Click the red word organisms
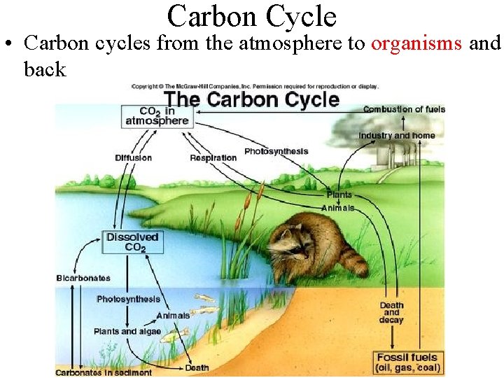[x=416, y=43]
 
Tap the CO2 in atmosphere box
[x=157, y=116]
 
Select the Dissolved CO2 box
[x=132, y=241]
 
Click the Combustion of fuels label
[x=404, y=109]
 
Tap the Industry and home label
[x=396, y=136]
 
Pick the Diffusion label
[x=133, y=157]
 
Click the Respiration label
[x=213, y=157]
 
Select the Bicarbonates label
[x=84, y=279]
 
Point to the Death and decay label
[x=391, y=313]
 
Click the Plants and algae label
[x=127, y=331]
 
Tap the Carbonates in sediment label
[x=104, y=372]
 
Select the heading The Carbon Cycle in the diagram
[x=252, y=99]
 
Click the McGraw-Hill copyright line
[x=255, y=87]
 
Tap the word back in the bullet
[x=45, y=69]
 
